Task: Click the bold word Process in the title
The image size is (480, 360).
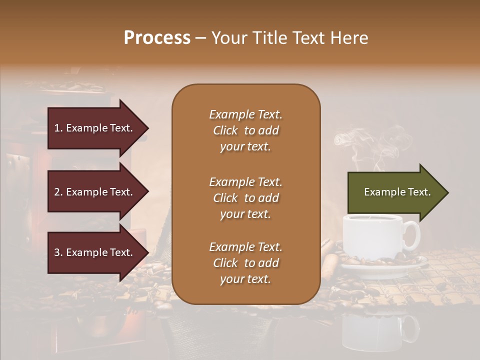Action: click(157, 38)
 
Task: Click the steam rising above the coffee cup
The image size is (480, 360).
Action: click(360, 145)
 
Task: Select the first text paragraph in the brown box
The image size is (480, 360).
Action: click(245, 130)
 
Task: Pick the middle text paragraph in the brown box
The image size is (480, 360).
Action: click(245, 198)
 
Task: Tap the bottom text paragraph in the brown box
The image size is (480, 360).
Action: click(245, 263)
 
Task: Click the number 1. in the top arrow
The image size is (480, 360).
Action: click(58, 128)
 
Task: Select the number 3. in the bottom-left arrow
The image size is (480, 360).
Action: click(58, 252)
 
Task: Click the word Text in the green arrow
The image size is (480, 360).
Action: click(418, 192)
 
